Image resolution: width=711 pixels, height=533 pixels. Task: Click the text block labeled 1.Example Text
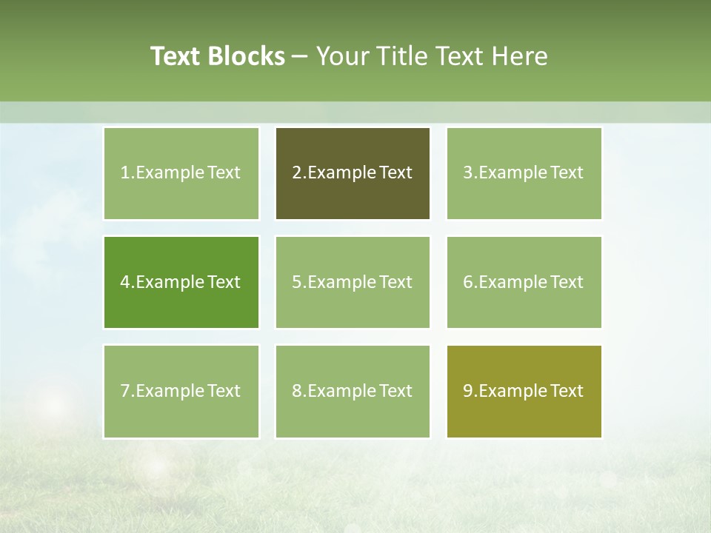(x=181, y=173)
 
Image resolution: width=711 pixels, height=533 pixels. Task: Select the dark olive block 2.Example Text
(x=353, y=173)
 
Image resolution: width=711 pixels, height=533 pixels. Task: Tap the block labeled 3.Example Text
(x=524, y=173)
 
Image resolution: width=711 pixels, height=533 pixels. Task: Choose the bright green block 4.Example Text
(x=181, y=282)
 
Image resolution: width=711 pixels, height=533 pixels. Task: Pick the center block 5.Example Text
(x=353, y=282)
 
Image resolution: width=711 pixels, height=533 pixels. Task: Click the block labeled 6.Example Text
(x=524, y=282)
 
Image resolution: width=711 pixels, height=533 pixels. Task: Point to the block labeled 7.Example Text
(x=181, y=391)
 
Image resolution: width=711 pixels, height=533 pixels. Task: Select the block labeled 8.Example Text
(x=353, y=391)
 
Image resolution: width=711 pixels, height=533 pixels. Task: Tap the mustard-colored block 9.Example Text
(x=524, y=391)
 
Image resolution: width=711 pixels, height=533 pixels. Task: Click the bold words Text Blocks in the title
(x=217, y=56)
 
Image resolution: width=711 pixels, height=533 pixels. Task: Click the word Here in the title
(x=521, y=56)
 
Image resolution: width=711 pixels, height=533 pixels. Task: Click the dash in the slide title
(x=300, y=56)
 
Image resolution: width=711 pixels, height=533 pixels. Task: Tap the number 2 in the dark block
(x=296, y=173)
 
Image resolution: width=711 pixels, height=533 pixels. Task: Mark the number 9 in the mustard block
(x=468, y=391)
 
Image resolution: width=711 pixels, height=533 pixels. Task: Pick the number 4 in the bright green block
(x=125, y=282)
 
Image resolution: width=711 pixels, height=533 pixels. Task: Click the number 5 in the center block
(x=296, y=282)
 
